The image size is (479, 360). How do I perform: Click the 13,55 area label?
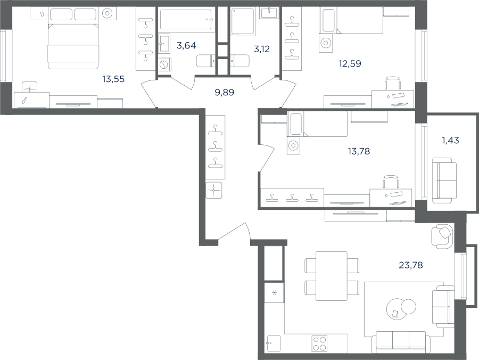pos(113,79)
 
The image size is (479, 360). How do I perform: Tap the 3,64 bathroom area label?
pos(186,46)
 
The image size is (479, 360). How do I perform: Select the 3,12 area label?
pos(262,49)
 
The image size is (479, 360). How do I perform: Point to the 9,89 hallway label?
pos(225,92)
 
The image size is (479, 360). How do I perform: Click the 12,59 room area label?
pos(350,63)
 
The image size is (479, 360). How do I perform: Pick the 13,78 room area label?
pos(359,151)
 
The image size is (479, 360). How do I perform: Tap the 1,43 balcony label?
pos(451,140)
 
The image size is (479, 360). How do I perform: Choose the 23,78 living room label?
pos(411,265)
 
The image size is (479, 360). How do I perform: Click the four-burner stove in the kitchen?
pos(319,343)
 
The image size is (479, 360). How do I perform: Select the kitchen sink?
pos(274,343)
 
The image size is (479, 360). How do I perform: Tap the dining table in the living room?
pos(332,276)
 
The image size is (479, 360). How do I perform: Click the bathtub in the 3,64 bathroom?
pos(186,20)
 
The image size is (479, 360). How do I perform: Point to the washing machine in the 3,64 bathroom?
pos(164,65)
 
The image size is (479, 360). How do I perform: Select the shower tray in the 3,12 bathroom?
pos(243,21)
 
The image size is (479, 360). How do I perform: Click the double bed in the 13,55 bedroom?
pos(73,46)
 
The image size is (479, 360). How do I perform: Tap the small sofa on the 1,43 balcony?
pos(444,181)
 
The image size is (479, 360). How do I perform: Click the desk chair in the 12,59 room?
pos(392,83)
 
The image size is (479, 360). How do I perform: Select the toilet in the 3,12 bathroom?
pos(240,61)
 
